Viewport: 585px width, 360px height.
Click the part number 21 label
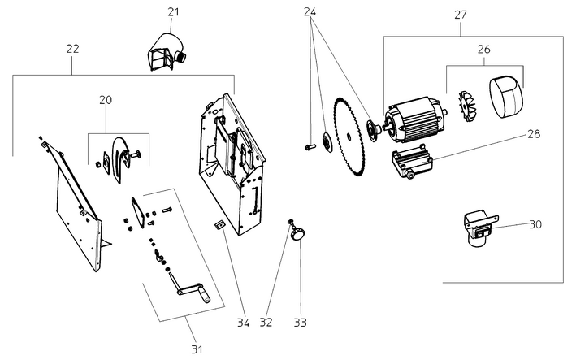pos(173,11)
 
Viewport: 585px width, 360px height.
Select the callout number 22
pos(72,49)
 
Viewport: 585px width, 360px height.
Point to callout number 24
pos(310,11)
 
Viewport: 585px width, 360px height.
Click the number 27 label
pos(461,14)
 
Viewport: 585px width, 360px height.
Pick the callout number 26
pos(483,49)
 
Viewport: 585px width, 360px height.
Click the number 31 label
pos(196,349)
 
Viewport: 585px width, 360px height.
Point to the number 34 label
pos(242,323)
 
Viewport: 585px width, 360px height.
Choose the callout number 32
pos(265,323)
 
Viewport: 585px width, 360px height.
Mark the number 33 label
pos(301,323)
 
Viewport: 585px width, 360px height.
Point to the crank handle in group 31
pos(193,288)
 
